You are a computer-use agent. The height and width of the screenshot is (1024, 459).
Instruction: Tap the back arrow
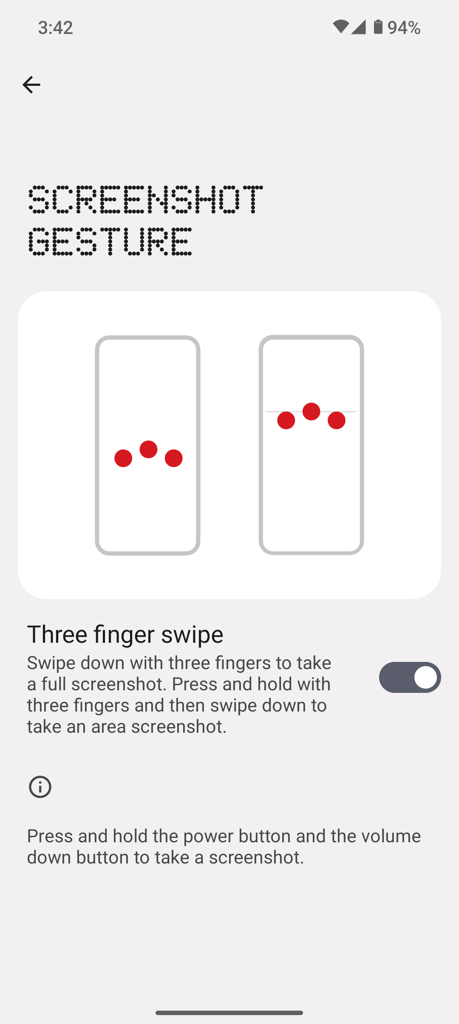[x=31, y=84]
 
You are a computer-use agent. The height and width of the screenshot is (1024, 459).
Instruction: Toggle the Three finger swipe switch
[x=410, y=677]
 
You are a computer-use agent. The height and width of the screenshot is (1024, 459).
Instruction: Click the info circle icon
[x=40, y=787]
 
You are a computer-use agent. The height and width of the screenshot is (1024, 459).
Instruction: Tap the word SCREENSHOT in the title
[x=145, y=199]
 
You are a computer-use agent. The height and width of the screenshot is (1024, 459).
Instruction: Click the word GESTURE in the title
[x=110, y=241]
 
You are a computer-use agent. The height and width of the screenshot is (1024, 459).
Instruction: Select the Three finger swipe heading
[x=125, y=634]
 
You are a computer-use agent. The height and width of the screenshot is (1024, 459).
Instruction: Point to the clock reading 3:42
[x=55, y=28]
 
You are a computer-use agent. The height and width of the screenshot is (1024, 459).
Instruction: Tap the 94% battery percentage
[x=404, y=28]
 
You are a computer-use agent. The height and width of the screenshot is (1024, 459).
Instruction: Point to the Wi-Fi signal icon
[x=341, y=27]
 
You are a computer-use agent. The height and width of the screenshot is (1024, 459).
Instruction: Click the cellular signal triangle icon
[x=358, y=27]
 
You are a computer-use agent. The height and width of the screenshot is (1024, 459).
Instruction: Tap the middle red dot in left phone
[x=148, y=449]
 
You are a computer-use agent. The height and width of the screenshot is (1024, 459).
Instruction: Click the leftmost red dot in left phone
[x=123, y=458]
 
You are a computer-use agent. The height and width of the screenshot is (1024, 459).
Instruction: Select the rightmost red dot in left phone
[x=174, y=458]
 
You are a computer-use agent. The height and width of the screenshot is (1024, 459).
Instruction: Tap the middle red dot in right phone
[x=312, y=411]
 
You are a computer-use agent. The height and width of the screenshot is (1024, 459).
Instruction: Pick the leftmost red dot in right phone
[x=286, y=420]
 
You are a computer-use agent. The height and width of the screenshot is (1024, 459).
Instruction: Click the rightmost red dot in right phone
[x=337, y=420]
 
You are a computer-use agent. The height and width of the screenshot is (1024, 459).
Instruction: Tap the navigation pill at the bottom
[x=229, y=1013]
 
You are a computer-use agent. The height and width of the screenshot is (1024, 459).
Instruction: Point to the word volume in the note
[x=391, y=836]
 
